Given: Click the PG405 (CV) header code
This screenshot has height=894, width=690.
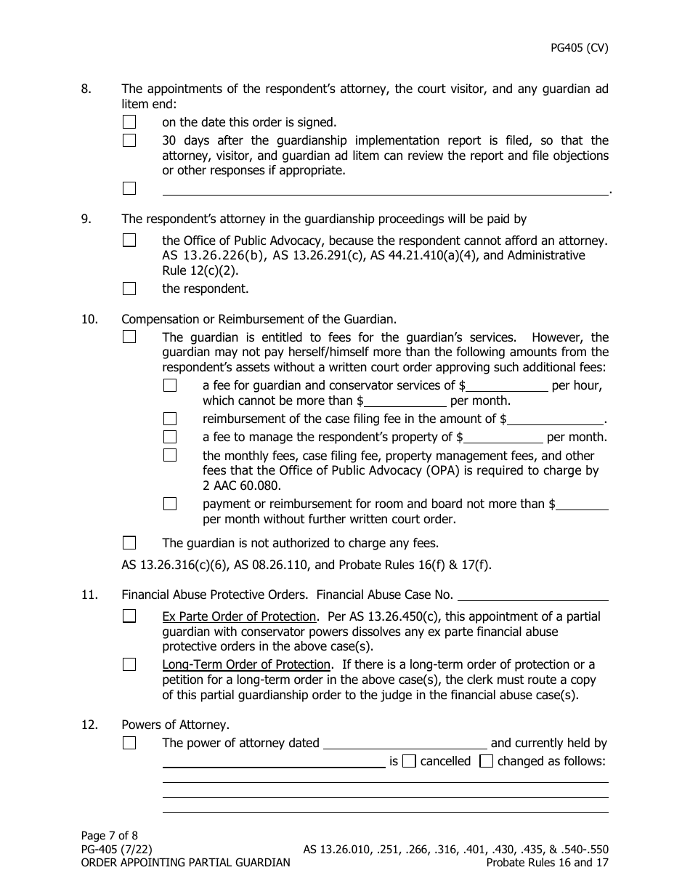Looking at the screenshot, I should pos(579,49).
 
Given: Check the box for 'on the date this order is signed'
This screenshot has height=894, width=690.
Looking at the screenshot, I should pos(129,122).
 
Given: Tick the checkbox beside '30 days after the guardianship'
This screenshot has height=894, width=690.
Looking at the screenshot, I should pos(129,140).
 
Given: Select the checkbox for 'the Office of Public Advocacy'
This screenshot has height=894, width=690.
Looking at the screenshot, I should pos(129,240).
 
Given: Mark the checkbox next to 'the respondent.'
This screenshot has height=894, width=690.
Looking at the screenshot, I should pos(129,289).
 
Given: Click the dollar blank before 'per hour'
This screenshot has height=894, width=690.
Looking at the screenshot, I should pos(507,385).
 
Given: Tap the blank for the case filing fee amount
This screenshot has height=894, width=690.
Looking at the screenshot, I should pos(556,419).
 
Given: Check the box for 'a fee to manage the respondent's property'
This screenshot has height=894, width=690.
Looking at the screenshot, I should pos(170,437).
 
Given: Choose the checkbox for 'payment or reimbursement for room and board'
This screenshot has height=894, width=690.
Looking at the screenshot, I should pos(170,504).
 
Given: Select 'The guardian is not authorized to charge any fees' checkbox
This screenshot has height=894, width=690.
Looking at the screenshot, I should pos(129,543).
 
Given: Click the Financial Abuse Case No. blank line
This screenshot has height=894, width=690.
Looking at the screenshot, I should pos(534,595).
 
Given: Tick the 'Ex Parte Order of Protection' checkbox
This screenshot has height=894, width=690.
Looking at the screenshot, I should pos(129,616).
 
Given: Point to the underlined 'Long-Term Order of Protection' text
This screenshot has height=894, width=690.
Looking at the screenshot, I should pos(246,664).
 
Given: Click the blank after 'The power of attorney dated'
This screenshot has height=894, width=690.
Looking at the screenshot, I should pos(405,744).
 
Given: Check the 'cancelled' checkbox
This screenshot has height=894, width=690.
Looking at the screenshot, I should pos(409,762).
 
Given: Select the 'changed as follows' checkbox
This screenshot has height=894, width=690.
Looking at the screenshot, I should pos(487,762).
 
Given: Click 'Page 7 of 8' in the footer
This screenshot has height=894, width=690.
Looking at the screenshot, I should pos(109,836).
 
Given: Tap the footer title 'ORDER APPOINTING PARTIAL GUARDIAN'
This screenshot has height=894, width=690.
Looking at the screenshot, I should pos(185,863).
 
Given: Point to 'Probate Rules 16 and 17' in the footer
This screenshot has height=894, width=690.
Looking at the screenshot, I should pos(547,863).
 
